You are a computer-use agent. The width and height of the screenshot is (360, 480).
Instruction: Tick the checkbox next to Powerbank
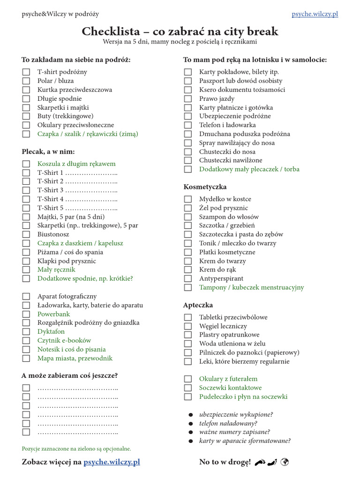tap(26, 314)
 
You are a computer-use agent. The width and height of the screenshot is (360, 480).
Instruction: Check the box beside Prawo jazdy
tap(188, 99)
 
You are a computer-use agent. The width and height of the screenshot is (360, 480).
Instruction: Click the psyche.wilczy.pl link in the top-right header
tap(315, 14)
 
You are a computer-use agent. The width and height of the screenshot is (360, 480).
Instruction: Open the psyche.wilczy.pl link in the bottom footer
tap(112, 462)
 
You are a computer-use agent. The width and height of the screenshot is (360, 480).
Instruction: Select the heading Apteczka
tap(198, 305)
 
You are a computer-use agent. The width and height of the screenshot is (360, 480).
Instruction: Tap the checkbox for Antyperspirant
tap(188, 278)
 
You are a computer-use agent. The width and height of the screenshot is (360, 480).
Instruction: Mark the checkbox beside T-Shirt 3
tap(26, 190)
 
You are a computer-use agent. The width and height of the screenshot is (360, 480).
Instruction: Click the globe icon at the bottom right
tap(284, 462)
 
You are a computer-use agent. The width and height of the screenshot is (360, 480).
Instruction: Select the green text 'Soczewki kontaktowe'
tap(230, 388)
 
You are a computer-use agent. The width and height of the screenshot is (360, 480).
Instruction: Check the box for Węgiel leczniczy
tap(188, 326)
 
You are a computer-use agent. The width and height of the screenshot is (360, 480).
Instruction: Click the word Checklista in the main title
tap(111, 31)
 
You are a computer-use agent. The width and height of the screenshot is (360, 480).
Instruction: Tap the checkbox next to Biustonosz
tap(26, 234)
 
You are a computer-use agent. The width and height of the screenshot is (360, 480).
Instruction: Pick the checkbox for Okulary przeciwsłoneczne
tap(26, 125)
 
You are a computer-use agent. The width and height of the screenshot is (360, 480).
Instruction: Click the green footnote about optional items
tap(76, 449)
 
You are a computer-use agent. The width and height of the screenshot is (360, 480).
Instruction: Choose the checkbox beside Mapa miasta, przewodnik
tap(26, 359)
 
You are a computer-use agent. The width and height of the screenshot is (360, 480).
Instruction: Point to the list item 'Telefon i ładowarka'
tap(227, 125)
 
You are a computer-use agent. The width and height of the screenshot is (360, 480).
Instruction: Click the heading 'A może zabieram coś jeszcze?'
tap(69, 375)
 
